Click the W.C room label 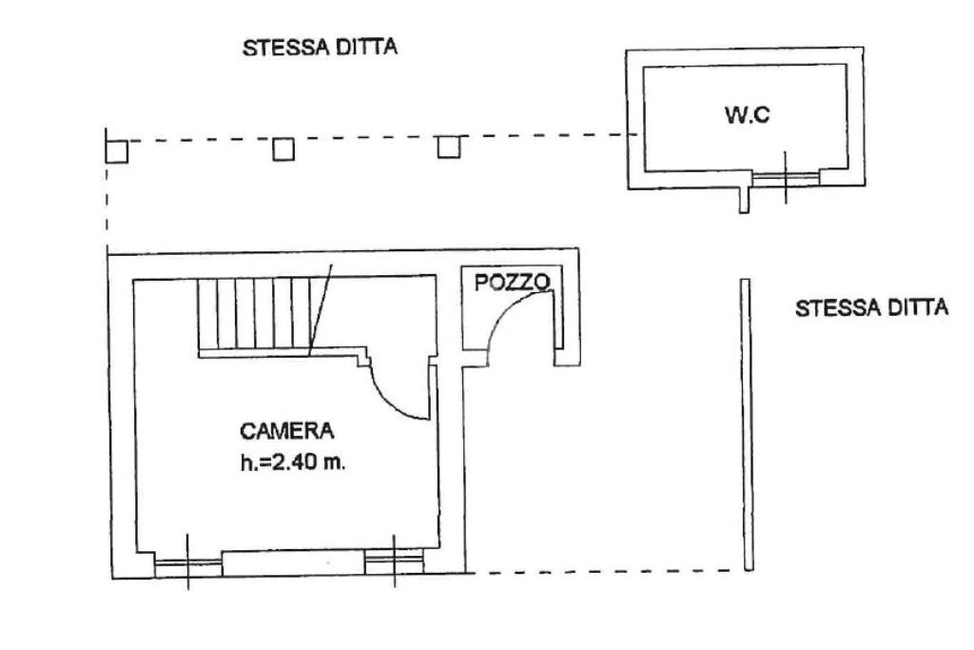pos(747,114)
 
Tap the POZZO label pos(513,283)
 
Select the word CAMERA pos(287,431)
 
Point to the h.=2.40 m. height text pos(293,463)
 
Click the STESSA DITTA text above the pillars pos(320,48)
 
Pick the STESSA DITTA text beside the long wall pos(871,308)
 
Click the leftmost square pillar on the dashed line pos(116,151)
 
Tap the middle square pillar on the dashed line pos(283,149)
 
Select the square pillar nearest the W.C pos(449,148)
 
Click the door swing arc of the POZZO pos(504,310)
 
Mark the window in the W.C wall pos(786,178)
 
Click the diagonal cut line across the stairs pos(321,309)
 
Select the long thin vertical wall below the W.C pos(748,424)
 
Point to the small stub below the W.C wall pos(744,200)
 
